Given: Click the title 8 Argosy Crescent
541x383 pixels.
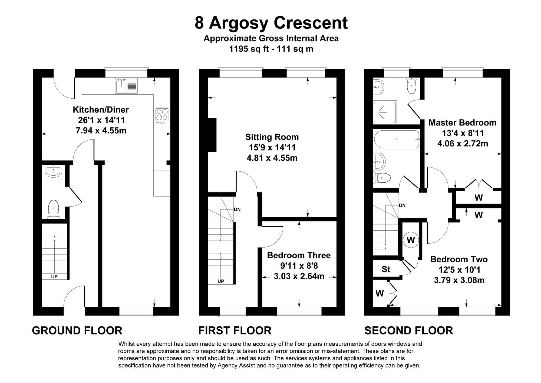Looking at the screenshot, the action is (271, 23).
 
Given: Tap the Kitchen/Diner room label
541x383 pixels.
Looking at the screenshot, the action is (101, 110).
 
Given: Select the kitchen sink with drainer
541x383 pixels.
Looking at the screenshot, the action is (126, 86).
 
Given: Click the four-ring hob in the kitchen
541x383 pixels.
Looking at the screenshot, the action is (162, 116).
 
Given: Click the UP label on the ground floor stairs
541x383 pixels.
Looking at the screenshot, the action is (54, 277).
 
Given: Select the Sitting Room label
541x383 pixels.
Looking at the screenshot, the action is (272, 137).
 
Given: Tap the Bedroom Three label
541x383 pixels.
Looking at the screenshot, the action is (299, 255).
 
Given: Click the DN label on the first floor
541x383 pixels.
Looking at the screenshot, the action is (237, 210).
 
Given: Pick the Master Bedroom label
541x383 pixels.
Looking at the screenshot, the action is (463, 123).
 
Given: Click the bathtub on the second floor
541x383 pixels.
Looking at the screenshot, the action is (397, 139).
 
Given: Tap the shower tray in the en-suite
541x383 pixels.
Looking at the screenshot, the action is (385, 112).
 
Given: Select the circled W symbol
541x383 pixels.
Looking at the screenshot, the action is (411, 240).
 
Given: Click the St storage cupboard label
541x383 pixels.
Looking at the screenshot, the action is (386, 269).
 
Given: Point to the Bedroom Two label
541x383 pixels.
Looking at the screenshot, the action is (459, 259).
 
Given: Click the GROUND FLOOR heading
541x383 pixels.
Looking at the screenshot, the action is (77, 331).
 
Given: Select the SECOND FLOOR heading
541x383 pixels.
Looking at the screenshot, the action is (409, 331).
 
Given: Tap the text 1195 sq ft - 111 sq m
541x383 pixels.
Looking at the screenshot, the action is (271, 49).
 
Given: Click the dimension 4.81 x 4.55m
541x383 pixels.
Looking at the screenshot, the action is (272, 158).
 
